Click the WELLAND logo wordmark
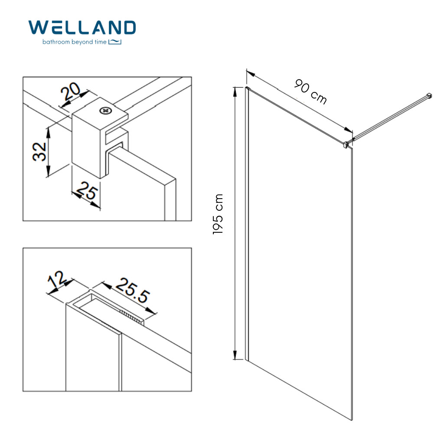click(82, 27)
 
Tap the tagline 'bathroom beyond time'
click(74, 42)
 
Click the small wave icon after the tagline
click(115, 42)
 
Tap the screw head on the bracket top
click(105, 111)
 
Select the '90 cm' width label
click(310, 91)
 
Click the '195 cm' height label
click(218, 214)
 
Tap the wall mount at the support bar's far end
click(430, 96)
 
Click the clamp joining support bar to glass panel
click(346, 144)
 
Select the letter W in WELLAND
click(38, 27)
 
